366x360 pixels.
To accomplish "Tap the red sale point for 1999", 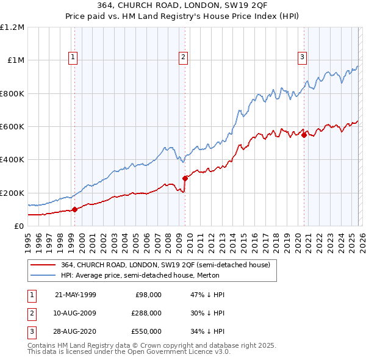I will click(74, 209).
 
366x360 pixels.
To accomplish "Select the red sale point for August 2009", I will click(185, 178).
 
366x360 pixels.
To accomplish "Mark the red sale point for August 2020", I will click(304, 135).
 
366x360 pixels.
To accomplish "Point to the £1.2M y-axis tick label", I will click(12, 27).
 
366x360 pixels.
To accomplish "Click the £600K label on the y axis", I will click(12, 127).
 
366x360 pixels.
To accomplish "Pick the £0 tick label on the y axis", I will click(18, 226).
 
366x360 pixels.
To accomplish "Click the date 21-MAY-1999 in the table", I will click(75, 295).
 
